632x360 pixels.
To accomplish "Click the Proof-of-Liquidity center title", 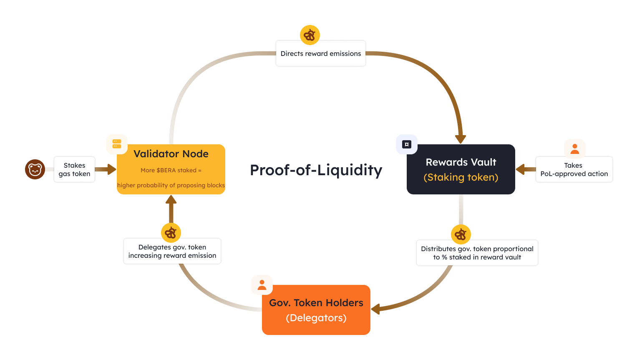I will (316, 170).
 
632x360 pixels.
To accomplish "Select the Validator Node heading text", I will (171, 154).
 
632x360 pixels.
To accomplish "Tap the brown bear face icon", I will (35, 169).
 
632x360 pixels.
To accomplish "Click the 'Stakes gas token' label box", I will (74, 169).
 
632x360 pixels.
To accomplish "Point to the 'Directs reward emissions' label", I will (320, 53).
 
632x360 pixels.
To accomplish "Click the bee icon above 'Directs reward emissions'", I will (310, 35).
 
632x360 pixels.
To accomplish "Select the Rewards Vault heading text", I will (461, 162).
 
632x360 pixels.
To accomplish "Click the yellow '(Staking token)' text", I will (461, 177).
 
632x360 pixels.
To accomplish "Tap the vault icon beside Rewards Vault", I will (407, 144).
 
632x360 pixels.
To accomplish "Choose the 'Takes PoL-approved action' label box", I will (574, 169).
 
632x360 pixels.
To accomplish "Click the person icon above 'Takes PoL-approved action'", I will (575, 149).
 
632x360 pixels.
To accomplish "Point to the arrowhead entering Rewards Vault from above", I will (461, 139).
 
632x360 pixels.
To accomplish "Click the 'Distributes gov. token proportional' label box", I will (477, 253).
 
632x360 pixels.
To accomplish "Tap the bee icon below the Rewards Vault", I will (461, 234).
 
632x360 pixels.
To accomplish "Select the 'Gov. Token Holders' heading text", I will (316, 303).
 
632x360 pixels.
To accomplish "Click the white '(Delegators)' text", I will (316, 318).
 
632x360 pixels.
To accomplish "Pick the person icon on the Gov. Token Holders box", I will (262, 285).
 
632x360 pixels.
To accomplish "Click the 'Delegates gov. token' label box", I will (172, 251).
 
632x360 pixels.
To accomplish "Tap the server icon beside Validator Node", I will (117, 144).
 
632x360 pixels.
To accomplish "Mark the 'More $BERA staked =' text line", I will (171, 170).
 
